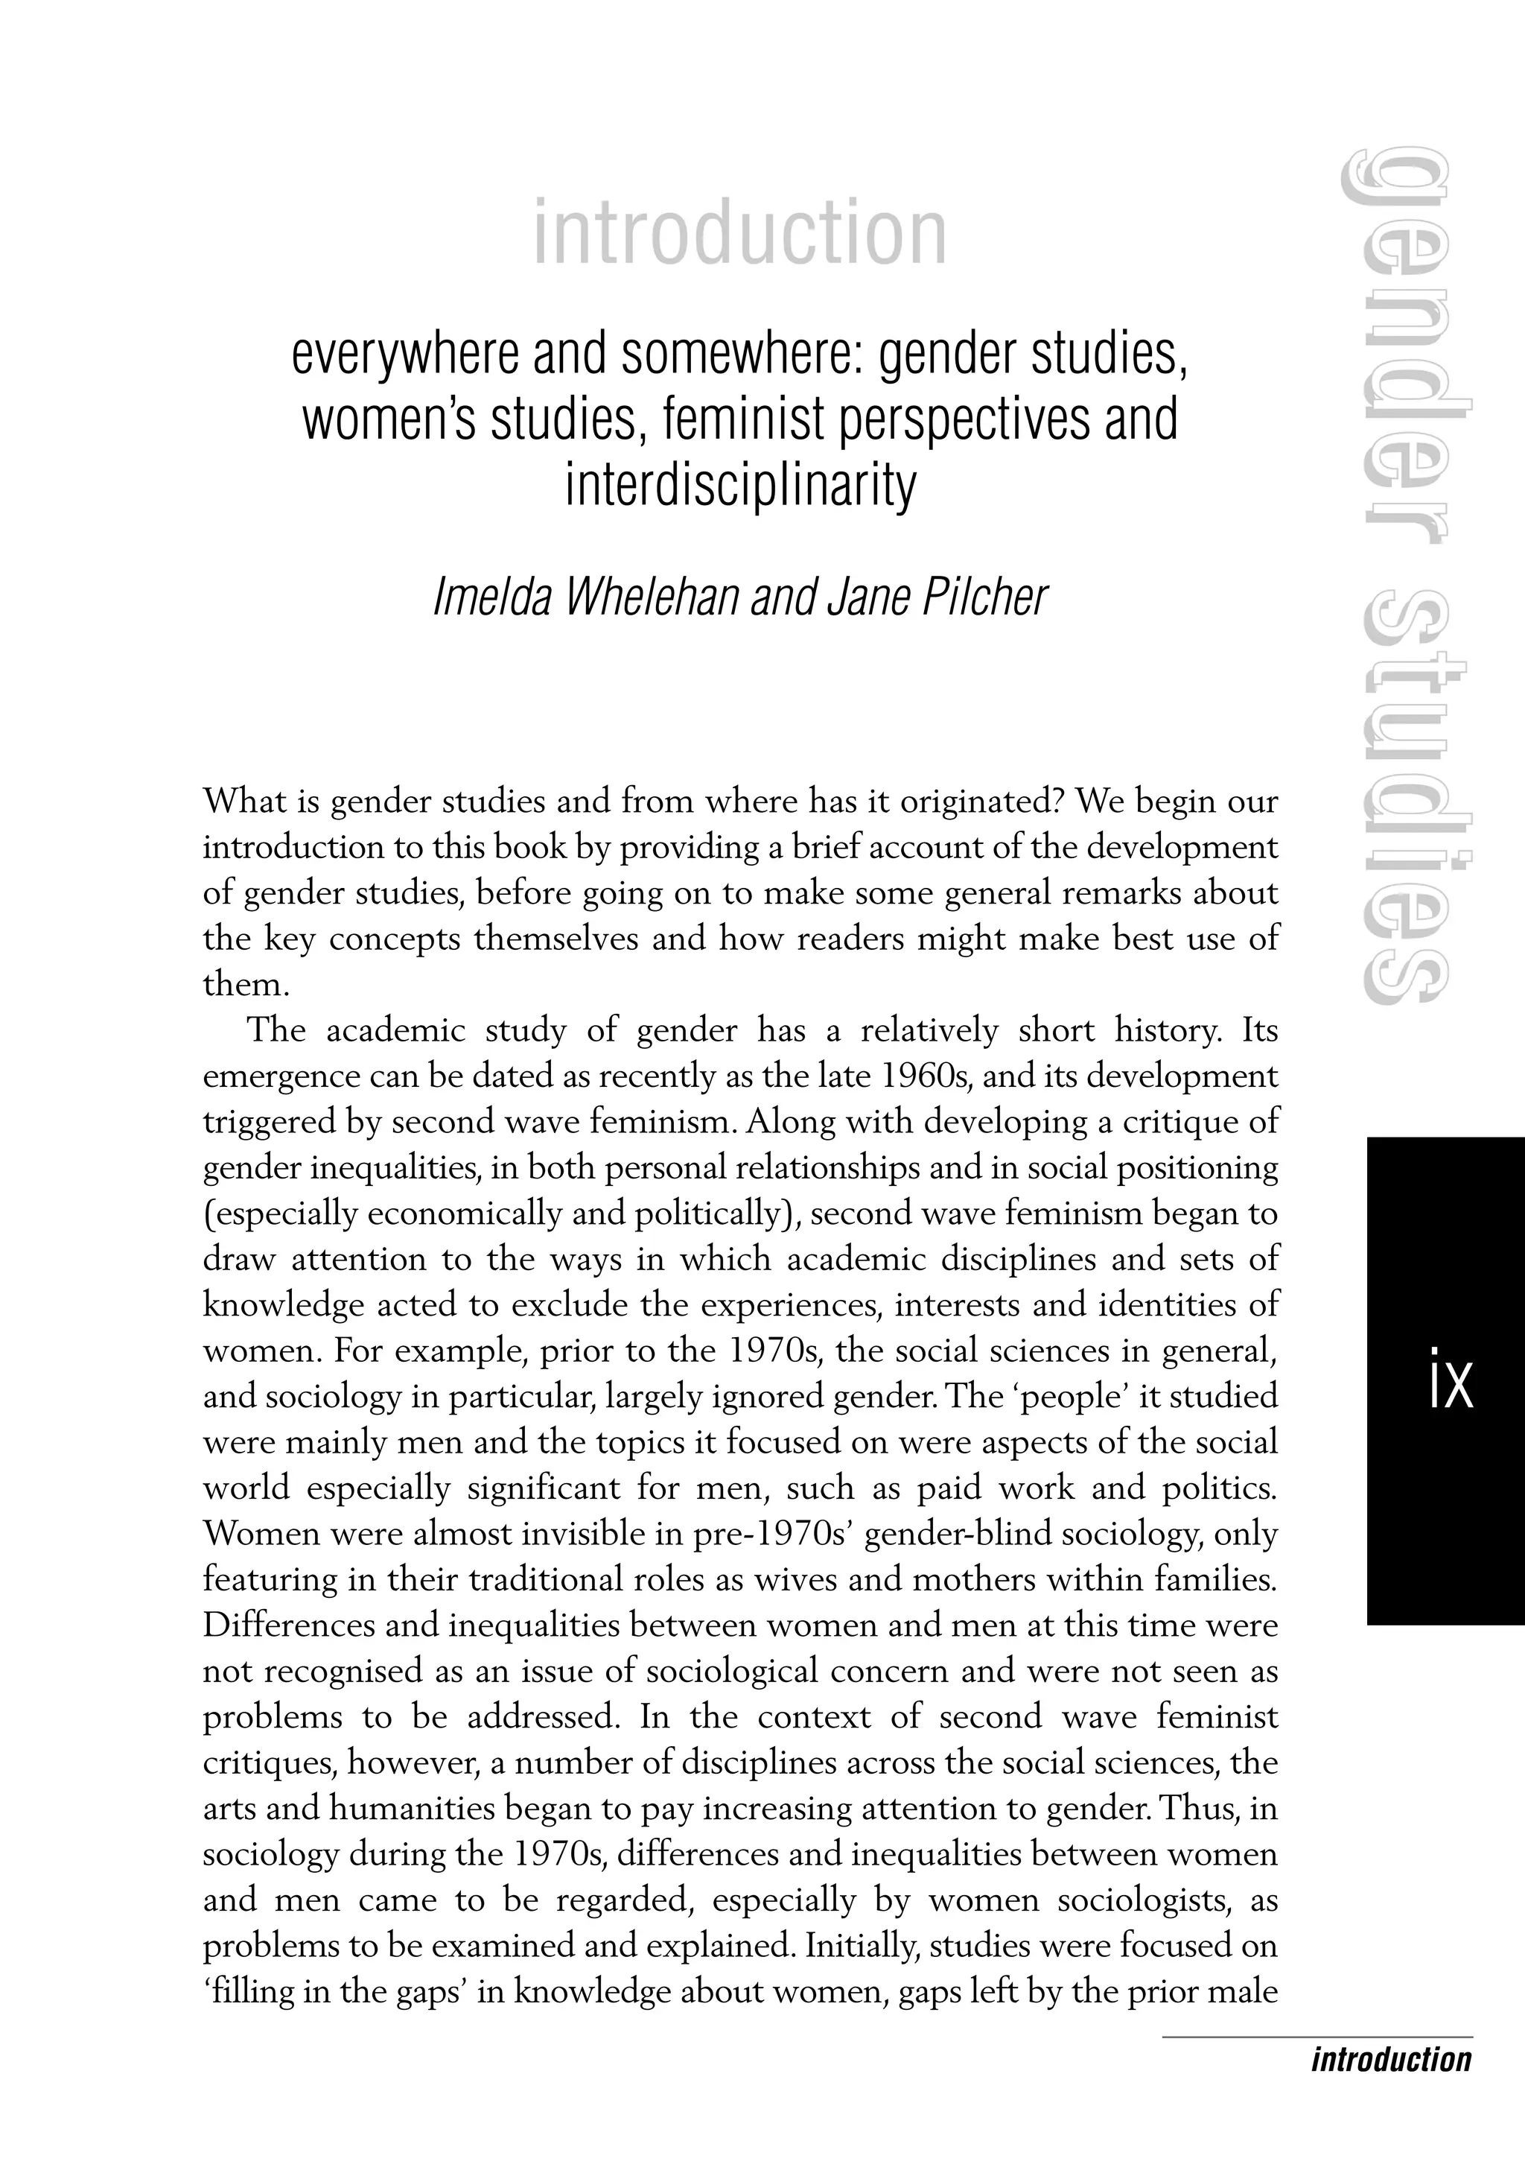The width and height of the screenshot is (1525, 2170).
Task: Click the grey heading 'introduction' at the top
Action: (740, 232)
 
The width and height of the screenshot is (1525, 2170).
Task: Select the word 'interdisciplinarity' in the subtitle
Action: (741, 486)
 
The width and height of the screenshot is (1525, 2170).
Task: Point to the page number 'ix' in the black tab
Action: (1451, 1386)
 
